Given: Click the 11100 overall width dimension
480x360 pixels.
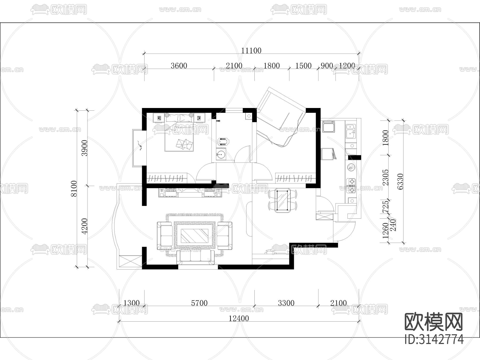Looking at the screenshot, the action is click(251, 50).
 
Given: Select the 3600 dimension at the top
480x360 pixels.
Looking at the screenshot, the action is click(179, 66).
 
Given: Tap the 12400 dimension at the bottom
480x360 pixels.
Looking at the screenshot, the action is click(239, 318).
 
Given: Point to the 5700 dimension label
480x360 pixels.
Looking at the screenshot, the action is click(199, 303).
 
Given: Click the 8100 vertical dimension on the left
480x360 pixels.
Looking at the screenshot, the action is click(74, 189).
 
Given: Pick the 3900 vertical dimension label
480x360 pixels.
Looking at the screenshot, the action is click(84, 148).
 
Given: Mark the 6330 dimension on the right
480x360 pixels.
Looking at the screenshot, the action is click(400, 182).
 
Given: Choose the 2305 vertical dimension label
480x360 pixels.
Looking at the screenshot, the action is click(386, 177).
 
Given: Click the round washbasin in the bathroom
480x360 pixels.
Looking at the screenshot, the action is click(221, 154).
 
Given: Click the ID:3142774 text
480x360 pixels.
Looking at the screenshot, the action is click(434, 339).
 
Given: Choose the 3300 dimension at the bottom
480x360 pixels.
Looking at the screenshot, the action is click(286, 303).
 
